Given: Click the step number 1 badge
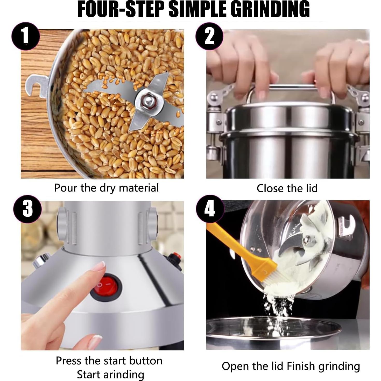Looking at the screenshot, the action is click(26, 36).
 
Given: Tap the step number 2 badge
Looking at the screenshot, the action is click(209, 36).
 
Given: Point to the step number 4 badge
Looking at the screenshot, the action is click(210, 209).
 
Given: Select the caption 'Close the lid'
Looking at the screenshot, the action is click(287, 188).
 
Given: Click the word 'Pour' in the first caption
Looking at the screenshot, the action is click(66, 188).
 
